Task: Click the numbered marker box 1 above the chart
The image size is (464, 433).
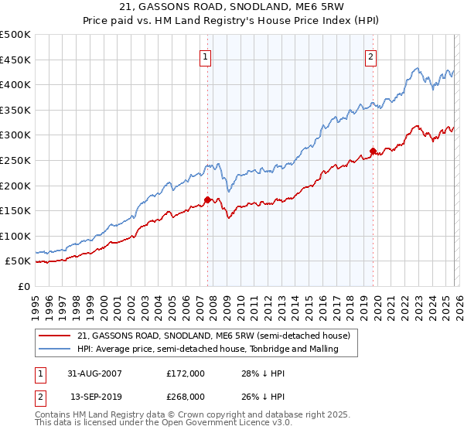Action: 206,56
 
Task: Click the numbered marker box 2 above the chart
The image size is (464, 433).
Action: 371,56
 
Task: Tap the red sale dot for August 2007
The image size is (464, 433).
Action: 207,199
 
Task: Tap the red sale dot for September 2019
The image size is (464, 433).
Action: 373,151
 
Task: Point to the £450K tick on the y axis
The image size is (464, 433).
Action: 15,60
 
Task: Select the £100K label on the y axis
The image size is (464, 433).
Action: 15,236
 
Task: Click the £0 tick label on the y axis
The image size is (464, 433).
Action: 25,286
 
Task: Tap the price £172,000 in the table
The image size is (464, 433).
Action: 186,373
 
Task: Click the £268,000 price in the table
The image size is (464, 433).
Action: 186,396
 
